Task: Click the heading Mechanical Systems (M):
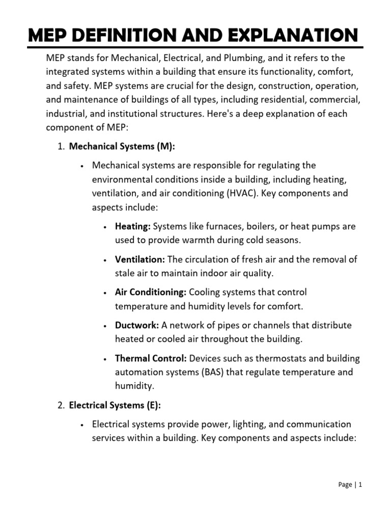coord(122,147)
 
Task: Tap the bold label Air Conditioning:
coord(151,292)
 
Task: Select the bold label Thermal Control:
coord(151,358)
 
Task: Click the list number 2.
coord(61,405)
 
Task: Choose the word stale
coord(125,273)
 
